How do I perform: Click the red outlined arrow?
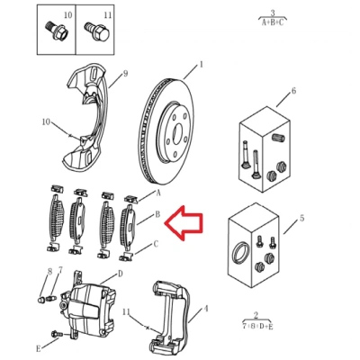(x=184, y=223)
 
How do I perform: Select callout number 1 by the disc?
(x=201, y=65)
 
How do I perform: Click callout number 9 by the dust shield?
(x=125, y=73)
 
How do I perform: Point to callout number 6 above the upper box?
(x=293, y=90)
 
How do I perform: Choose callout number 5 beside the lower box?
(x=301, y=218)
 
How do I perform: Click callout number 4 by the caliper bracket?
(x=206, y=308)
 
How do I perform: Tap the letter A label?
(x=158, y=193)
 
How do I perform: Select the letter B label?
(x=157, y=214)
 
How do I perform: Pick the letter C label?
(x=156, y=244)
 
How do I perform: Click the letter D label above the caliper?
(x=120, y=274)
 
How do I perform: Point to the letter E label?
(x=39, y=348)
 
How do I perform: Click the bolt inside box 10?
(x=57, y=29)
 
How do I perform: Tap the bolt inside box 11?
(x=95, y=31)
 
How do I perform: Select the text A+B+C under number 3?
(x=273, y=22)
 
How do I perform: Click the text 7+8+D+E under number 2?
(x=257, y=327)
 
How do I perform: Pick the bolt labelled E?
(x=57, y=334)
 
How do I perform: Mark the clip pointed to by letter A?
(x=131, y=199)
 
